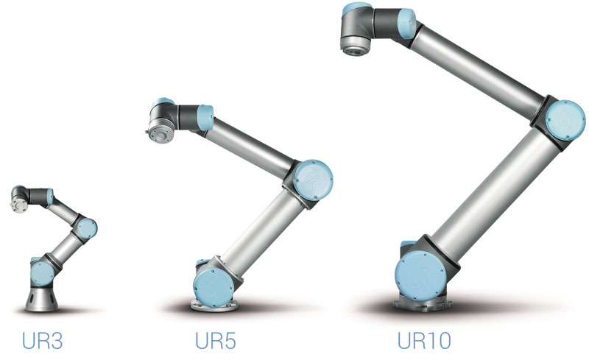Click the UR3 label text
pos(42,340)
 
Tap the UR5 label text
pos(215,340)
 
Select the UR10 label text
pos(424,340)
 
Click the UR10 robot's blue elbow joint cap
pos(565,120)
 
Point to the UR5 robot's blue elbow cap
pos(313,180)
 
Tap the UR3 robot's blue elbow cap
pos(87,228)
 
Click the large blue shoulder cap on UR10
pos(420,275)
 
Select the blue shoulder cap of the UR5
pos(214,287)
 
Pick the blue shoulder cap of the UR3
pos(42,273)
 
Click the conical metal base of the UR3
pos(42,299)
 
